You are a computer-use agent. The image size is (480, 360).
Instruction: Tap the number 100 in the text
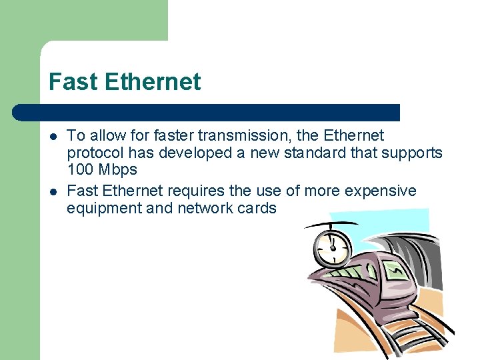click(81, 169)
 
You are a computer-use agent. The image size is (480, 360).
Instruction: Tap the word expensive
click(381, 191)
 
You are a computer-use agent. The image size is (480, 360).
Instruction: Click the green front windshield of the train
click(393, 271)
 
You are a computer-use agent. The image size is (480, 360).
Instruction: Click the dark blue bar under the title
click(207, 112)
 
